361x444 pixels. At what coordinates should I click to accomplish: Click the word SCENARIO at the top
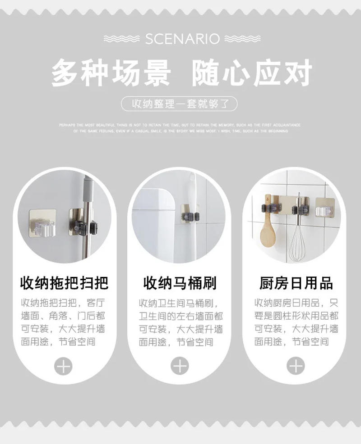182,39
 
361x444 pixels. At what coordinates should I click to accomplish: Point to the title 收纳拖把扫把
64,283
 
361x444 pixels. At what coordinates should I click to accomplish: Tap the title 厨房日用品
296,283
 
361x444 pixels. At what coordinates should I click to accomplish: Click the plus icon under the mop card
63,366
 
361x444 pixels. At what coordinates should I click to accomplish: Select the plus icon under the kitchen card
296,366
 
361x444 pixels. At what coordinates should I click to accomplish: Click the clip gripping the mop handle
84,227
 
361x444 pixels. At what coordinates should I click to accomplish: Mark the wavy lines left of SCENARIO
121,39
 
